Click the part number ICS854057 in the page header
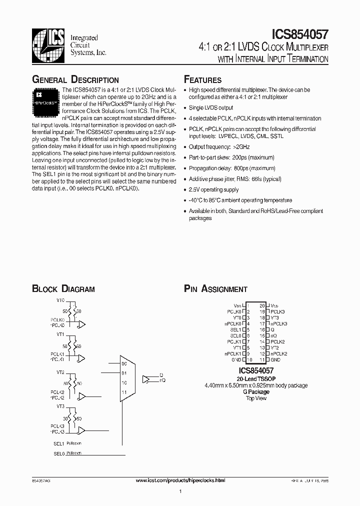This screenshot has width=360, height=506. pos(299,34)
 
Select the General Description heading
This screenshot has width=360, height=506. pos(75,80)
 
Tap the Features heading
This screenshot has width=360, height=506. pos(202,80)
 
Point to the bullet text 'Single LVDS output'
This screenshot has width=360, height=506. pos(210,107)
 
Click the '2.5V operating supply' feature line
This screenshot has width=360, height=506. pos(213,189)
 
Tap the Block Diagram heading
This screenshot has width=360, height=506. pos(63,288)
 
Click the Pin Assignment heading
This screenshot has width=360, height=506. pos(215,288)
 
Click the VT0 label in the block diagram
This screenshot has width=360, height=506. pos(60,300)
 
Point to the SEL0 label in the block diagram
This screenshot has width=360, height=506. pos(59,453)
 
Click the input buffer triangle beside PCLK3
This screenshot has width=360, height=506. pos(81,430)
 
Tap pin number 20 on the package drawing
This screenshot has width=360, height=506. pos(261,305)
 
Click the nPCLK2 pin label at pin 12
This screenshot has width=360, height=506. pos(279,353)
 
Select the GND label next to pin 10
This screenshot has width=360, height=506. pos(236,359)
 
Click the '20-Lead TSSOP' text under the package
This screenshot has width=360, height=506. pos(255,379)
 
